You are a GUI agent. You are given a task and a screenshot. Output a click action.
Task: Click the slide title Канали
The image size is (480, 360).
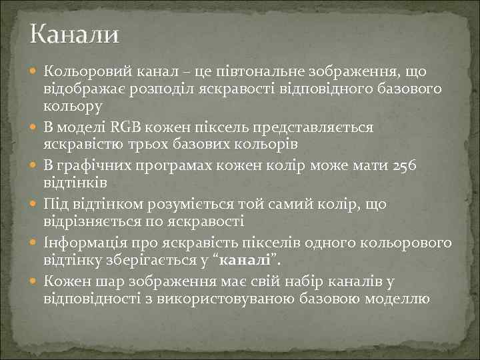(74, 33)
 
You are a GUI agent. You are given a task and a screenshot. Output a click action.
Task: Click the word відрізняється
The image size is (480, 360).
(89, 220)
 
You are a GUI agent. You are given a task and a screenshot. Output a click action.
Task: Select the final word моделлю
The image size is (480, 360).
(397, 297)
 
